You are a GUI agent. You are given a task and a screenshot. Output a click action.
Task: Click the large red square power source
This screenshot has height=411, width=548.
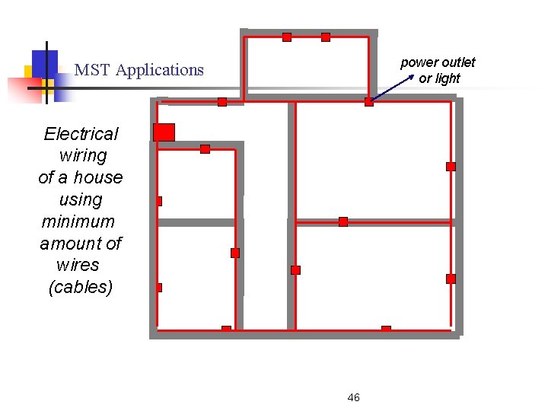tap(164, 132)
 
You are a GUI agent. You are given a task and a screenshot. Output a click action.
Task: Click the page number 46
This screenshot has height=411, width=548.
tap(353, 397)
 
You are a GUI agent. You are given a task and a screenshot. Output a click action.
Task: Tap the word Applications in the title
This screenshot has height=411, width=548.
tap(160, 70)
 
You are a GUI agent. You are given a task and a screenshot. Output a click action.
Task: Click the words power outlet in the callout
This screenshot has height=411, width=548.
tap(438, 62)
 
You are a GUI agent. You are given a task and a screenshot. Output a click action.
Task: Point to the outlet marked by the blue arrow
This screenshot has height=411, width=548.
tap(369, 102)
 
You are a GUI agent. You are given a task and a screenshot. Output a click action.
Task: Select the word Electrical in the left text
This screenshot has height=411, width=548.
tap(81, 134)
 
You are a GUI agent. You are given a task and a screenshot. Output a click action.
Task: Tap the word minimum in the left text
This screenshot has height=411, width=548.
tap(78, 221)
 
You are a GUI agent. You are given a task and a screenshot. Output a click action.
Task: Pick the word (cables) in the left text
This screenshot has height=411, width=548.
tap(80, 288)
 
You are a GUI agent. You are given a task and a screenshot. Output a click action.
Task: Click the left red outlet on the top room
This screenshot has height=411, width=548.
tap(287, 37)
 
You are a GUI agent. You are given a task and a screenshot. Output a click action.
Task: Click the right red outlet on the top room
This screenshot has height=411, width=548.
tap(326, 37)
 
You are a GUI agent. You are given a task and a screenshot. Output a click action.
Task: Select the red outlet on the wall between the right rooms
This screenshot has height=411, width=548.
tap(343, 222)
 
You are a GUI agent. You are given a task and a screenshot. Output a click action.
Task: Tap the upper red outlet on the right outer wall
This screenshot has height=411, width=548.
tap(451, 167)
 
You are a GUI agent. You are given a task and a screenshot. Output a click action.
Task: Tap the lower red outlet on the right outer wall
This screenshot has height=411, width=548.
tap(451, 279)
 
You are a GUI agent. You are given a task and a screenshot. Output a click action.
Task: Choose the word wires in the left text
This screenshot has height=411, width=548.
tap(78, 266)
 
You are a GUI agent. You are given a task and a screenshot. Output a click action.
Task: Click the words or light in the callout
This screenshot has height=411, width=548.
tap(439, 78)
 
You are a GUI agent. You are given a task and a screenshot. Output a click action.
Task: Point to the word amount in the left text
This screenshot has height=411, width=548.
tap(70, 244)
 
